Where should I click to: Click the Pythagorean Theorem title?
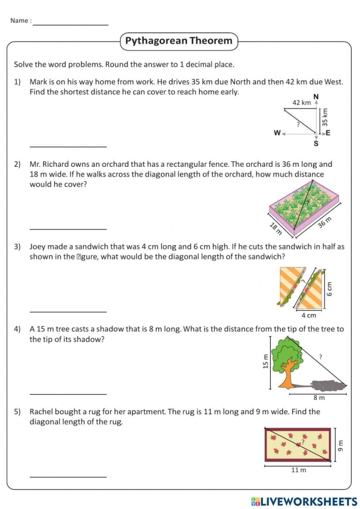pyautogui.click(x=179, y=41)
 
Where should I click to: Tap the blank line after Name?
pyautogui.click(x=70, y=24)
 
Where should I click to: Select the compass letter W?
pyautogui.click(x=277, y=133)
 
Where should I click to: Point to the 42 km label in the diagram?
pyautogui.click(x=301, y=103)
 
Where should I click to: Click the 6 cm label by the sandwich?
pyautogui.click(x=330, y=291)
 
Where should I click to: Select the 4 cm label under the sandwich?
pyautogui.click(x=308, y=315)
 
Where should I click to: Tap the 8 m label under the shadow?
pyautogui.click(x=319, y=398)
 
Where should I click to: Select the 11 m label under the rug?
pyautogui.click(x=298, y=470)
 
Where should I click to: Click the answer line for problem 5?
pyautogui.click(x=68, y=477)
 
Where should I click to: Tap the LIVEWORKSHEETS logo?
pyautogui.click(x=304, y=501)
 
